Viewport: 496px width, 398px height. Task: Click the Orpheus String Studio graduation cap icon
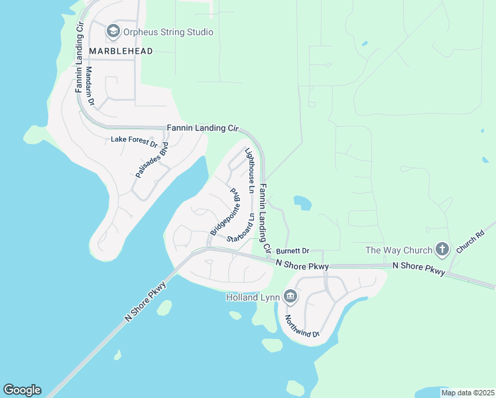pyautogui.click(x=113, y=32)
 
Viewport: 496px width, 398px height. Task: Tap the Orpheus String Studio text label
pyautogui.click(x=168, y=32)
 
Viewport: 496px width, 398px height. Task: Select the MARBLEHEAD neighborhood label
pyautogui.click(x=121, y=51)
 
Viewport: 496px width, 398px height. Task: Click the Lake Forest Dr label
pyautogui.click(x=134, y=140)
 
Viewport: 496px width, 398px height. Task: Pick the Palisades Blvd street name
pyautogui.click(x=151, y=161)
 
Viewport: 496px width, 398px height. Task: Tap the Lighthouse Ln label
pyautogui.click(x=250, y=170)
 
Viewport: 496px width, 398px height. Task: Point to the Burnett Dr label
pyautogui.click(x=293, y=251)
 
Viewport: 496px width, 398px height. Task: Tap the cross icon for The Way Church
pyautogui.click(x=442, y=250)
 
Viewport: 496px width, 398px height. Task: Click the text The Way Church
pyautogui.click(x=398, y=250)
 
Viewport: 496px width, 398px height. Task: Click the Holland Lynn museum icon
pyautogui.click(x=290, y=297)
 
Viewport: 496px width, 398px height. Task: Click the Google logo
pyautogui.click(x=22, y=390)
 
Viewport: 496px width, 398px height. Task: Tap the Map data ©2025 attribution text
pyautogui.click(x=467, y=393)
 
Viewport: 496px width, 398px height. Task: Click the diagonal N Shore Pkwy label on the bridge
pyautogui.click(x=145, y=302)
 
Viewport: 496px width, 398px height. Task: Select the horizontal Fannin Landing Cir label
pyautogui.click(x=202, y=127)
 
